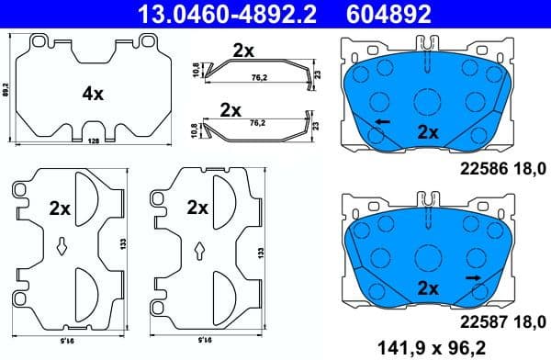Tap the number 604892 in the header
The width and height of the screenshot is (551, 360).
pos(387,13)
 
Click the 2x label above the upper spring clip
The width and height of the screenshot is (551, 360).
pos(243,51)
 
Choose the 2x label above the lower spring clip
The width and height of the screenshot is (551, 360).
pos(231,110)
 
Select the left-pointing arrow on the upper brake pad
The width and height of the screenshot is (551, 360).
pos(381,121)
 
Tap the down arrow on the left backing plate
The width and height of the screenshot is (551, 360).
pos(62,244)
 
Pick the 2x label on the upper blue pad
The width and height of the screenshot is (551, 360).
pos(428,131)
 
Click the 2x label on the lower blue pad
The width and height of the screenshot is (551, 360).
pos(428,287)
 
